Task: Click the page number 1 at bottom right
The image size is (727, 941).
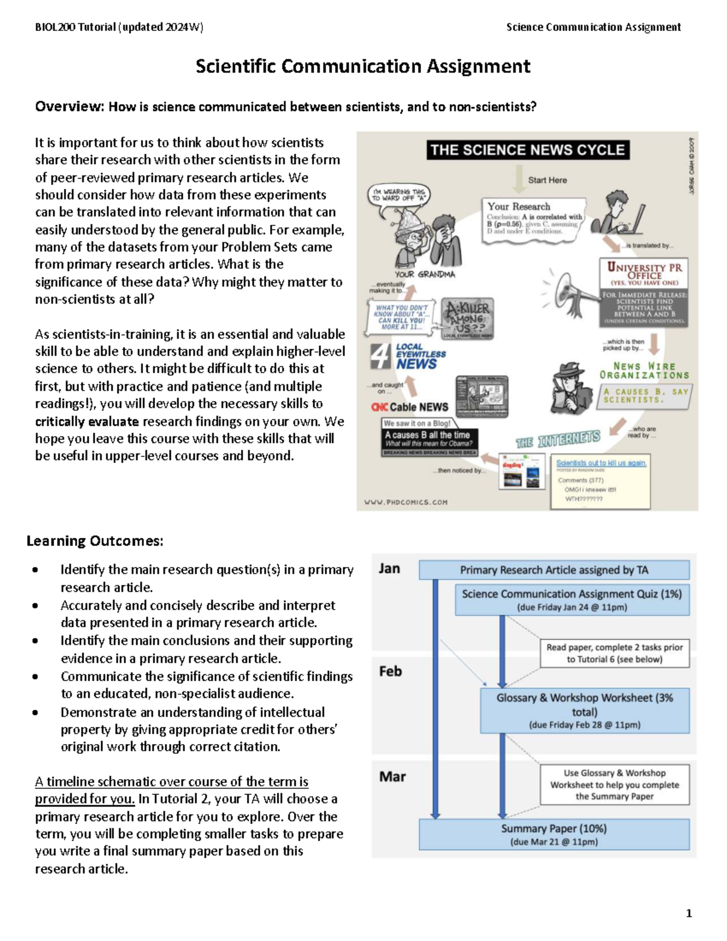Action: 688,913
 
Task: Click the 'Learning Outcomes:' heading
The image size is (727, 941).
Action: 95,540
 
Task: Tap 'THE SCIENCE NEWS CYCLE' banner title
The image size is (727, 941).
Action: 527,150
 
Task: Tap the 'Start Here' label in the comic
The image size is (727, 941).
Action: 547,180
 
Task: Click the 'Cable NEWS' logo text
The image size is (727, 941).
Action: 418,407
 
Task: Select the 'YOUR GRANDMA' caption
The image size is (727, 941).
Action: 425,274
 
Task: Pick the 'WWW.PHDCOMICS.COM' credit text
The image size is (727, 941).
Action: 406,502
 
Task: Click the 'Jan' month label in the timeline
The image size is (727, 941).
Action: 390,568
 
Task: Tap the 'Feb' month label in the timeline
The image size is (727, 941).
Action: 390,671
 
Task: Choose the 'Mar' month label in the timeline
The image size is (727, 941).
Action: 392,776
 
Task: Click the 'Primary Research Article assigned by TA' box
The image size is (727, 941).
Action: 554,570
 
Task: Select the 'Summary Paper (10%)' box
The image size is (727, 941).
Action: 554,834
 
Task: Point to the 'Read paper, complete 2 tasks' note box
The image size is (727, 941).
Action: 614,653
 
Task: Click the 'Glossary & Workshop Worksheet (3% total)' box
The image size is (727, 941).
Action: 584,710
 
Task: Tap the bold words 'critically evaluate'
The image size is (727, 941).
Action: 87,421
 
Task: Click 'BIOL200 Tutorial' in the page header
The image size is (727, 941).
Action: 75,27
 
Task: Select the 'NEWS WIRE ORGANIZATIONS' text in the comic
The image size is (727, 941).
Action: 644,370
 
